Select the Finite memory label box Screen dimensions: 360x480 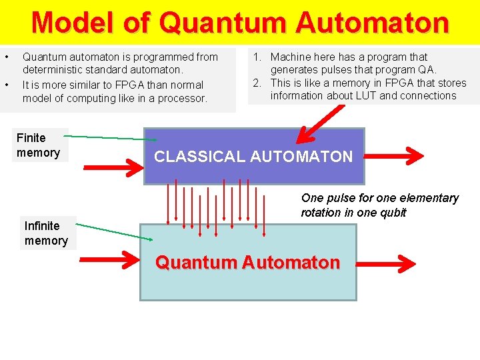tap(39, 145)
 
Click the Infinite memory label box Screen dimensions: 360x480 tap(47, 233)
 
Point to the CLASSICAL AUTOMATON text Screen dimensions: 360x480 tap(253, 157)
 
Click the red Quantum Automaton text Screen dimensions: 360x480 tap(247, 263)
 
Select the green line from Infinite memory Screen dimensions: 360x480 tap(113, 231)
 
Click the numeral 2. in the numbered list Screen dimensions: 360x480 tap(257, 83)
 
